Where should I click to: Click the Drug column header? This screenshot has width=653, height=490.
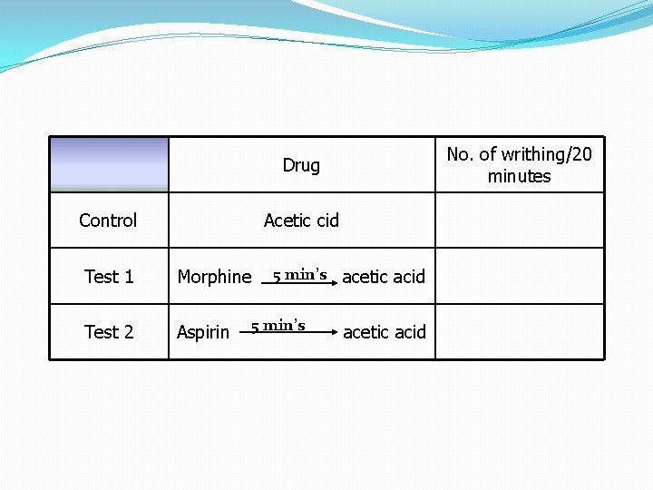[x=301, y=165]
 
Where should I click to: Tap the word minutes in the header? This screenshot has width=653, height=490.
[x=519, y=176]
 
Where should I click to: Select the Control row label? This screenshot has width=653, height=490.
[x=108, y=220]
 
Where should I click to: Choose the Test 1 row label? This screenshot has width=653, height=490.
[x=109, y=277]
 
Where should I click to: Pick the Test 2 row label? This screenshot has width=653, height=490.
[x=109, y=332]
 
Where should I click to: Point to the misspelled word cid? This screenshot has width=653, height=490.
[x=325, y=220]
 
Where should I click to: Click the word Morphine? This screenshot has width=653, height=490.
[x=215, y=277]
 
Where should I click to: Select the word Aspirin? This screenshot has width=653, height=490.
[x=203, y=332]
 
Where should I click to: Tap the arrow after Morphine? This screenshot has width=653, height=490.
[x=299, y=283]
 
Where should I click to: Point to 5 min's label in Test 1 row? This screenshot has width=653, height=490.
[x=299, y=274]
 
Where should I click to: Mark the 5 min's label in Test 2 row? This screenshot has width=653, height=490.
[x=278, y=325]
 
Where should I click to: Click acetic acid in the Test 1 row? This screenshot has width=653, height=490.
[x=384, y=277]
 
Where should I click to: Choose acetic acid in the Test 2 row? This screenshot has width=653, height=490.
[x=385, y=332]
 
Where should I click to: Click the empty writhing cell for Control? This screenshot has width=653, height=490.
[x=519, y=220]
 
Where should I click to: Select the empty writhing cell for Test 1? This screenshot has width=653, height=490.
[x=519, y=277]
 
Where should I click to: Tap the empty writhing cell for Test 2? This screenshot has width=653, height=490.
[x=519, y=332]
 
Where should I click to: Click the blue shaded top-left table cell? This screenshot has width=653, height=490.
[x=109, y=164]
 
